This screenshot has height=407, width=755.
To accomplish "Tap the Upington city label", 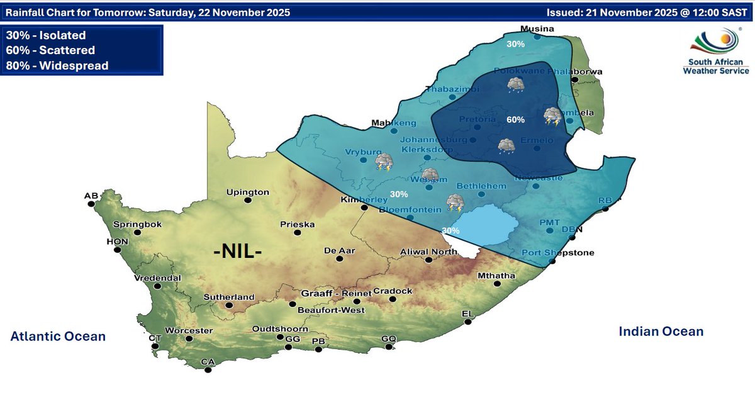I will [248, 192].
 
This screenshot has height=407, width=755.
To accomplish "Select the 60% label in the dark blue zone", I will [515, 120].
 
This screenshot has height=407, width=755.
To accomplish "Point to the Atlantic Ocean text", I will [58, 337].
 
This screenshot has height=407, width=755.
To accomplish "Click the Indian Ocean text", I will [661, 331].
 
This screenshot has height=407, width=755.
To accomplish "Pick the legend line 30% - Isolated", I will [45, 36].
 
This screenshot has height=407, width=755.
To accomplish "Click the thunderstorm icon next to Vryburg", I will [384, 163].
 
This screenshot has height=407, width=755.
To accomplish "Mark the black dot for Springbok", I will [138, 232].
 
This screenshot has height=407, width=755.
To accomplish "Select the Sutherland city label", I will [228, 297].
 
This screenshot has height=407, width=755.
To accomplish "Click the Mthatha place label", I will [496, 276].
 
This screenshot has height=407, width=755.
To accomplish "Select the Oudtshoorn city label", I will [280, 328].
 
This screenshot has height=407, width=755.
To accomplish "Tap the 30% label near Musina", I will [516, 44].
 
